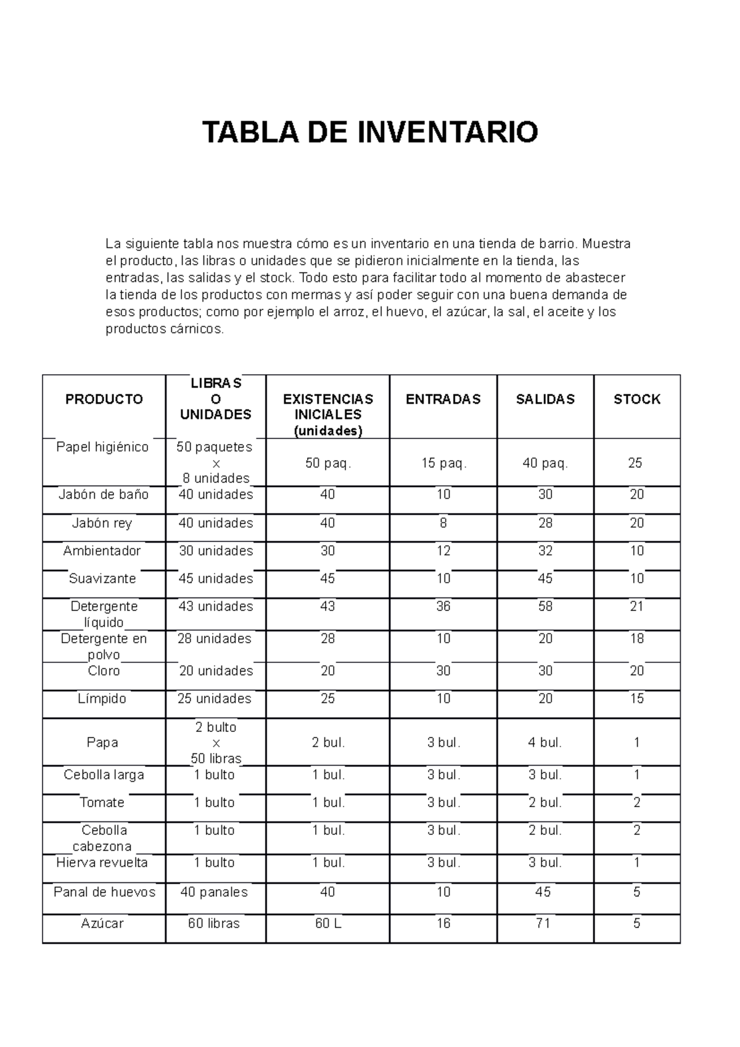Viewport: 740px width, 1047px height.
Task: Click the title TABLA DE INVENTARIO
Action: click(x=370, y=132)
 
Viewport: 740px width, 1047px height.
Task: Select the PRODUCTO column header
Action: click(x=104, y=399)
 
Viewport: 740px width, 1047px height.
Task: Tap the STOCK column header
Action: click(x=637, y=399)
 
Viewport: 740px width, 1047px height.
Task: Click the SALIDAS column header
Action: click(x=545, y=399)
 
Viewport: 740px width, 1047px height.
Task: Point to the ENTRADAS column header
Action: click(x=443, y=399)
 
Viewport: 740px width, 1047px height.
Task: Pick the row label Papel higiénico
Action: click(x=102, y=447)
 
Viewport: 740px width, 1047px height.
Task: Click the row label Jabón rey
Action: click(x=102, y=523)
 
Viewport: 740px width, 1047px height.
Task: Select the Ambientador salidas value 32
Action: click(x=545, y=551)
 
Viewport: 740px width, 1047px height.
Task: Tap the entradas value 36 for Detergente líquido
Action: click(x=443, y=606)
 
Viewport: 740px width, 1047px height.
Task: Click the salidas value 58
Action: click(x=545, y=606)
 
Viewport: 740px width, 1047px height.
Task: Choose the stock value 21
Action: click(x=637, y=606)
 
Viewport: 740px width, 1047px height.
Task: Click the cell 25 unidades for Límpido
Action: click(x=215, y=699)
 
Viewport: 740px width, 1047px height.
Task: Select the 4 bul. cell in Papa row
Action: click(x=545, y=742)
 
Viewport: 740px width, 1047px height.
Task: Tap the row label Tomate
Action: click(x=102, y=802)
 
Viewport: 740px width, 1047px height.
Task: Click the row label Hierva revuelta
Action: click(x=102, y=863)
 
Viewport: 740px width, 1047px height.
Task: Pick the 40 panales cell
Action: click(x=214, y=892)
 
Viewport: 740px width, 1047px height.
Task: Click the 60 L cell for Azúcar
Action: click(x=327, y=923)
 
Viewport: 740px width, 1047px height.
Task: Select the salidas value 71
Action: click(x=543, y=923)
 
